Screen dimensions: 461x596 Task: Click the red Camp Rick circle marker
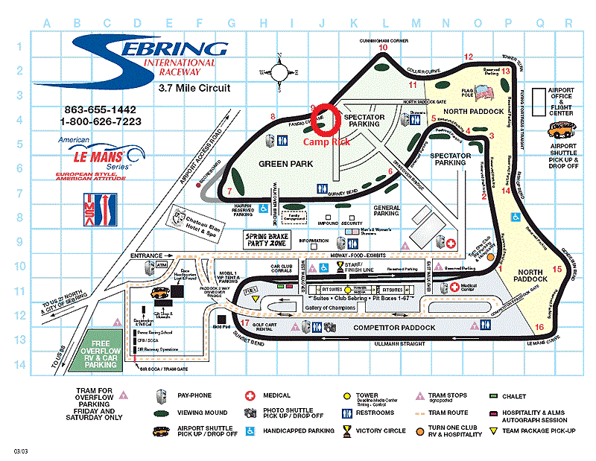click(326, 120)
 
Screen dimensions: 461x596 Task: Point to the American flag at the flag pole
click(484, 93)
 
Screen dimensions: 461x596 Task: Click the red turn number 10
click(384, 48)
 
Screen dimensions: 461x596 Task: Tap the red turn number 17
click(246, 323)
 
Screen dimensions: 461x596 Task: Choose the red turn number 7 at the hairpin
click(229, 191)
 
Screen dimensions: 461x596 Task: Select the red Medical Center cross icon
click(445, 287)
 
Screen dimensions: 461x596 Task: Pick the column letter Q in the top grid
click(538, 22)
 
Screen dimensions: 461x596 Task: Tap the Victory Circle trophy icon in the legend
click(347, 430)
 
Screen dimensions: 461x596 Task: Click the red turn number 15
click(557, 269)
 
